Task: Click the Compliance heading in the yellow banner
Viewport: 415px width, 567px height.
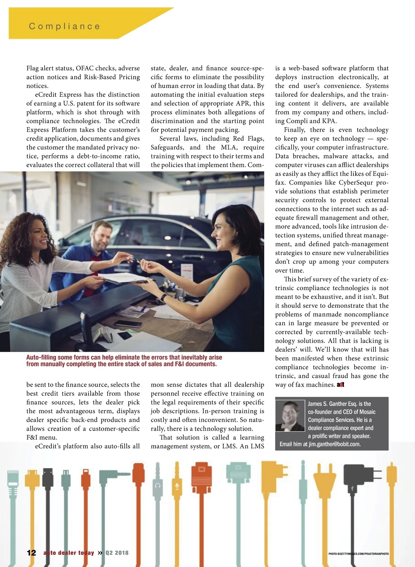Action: pyautogui.click(x=65, y=26)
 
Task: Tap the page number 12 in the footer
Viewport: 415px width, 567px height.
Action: pyautogui.click(x=31, y=552)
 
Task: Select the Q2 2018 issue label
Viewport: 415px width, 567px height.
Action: pyautogui.click(x=117, y=553)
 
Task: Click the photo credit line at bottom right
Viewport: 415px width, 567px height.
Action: pyautogui.click(x=358, y=554)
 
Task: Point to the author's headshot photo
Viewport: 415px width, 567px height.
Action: pyautogui.click(x=289, y=416)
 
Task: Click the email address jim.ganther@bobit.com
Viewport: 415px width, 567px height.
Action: pyautogui.click(x=334, y=444)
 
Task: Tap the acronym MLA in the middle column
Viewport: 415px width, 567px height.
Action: pyautogui.click(x=229, y=147)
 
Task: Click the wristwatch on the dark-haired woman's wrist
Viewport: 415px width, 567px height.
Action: pyautogui.click(x=163, y=297)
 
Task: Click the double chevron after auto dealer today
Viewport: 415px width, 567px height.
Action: pyautogui.click(x=100, y=552)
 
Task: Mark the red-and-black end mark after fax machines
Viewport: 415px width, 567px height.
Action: pyautogui.click(x=340, y=385)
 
